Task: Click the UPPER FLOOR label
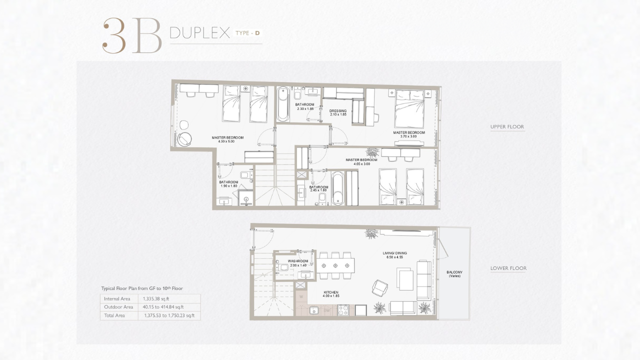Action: coord(507,126)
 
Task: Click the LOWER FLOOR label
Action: coord(508,268)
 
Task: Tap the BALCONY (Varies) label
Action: coord(454,274)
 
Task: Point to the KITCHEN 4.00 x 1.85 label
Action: coord(331,294)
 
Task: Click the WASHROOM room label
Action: coord(298,261)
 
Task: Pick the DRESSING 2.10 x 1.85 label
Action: coord(338,112)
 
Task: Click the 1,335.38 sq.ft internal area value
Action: coord(156,299)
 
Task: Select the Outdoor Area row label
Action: coord(118,307)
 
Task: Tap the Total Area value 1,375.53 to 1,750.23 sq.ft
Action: coord(169,315)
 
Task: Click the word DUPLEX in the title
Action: coord(199,33)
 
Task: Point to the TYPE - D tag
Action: coord(247,33)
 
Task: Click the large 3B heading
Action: coord(132,35)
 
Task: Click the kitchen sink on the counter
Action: coord(314,310)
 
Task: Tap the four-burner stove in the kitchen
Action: coord(343,310)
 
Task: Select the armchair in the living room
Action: coord(379,288)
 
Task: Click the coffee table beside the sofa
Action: coord(405,280)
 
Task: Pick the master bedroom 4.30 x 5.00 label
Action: coord(227,139)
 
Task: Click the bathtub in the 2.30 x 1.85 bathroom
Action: coord(283,104)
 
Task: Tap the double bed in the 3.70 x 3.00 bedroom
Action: coord(409,108)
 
